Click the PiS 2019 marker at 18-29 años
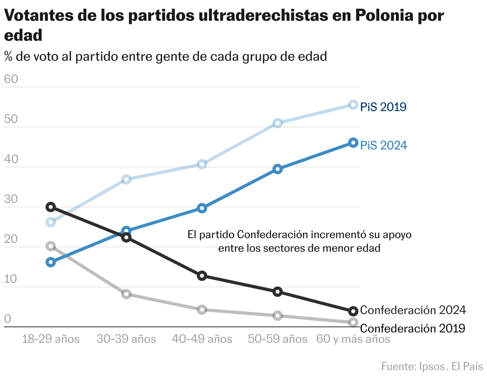tap(51, 222)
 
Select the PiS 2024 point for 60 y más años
tap(353, 143)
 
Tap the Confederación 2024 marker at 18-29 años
tap(51, 207)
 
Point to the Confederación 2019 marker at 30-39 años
tap(127, 294)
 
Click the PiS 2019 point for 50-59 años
tap(278, 123)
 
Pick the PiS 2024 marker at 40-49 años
tap(202, 208)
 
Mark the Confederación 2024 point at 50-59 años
tap(278, 292)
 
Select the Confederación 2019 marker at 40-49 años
tap(202, 310)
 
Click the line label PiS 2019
tap(383, 107)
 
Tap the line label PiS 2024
tap(384, 145)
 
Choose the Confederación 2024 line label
tap(413, 310)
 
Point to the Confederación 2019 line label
tap(413, 328)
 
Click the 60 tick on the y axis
tap(11, 80)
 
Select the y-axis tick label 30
tap(11, 199)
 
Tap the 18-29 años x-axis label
tap(51, 340)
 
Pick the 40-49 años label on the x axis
tap(202, 340)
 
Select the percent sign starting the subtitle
tap(8, 57)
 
